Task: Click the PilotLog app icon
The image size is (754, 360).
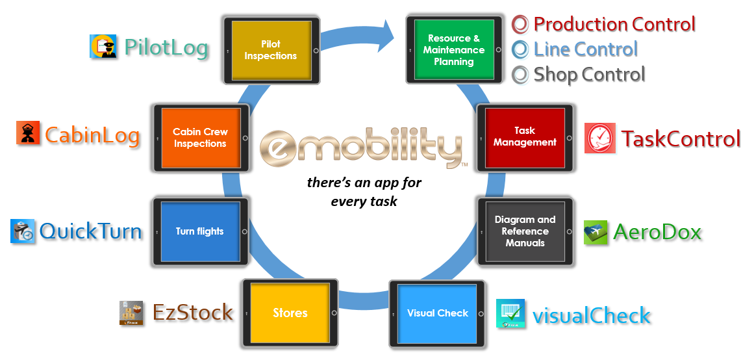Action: pyautogui.click(x=103, y=47)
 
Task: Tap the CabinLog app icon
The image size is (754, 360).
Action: pyautogui.click(x=28, y=133)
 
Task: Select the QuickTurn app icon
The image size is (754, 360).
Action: pyautogui.click(x=23, y=231)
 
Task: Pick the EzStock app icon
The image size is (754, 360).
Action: pyautogui.click(x=131, y=313)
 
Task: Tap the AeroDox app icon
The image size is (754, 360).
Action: pyautogui.click(x=596, y=233)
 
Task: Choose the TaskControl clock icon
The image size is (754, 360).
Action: pyautogui.click(x=599, y=138)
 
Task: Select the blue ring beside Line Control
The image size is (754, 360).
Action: pyautogui.click(x=520, y=49)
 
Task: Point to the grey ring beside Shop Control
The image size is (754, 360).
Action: pyautogui.click(x=520, y=75)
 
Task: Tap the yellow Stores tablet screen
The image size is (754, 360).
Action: pyautogui.click(x=290, y=313)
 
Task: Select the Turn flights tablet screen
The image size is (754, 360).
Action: pyautogui.click(x=199, y=231)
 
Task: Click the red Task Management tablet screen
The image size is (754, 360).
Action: pyautogui.click(x=525, y=137)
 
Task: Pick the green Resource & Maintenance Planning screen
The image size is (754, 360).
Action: pyautogui.click(x=453, y=49)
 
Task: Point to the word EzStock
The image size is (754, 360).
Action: pyautogui.click(x=193, y=313)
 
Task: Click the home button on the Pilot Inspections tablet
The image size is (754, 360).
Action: pyautogui.click(x=316, y=50)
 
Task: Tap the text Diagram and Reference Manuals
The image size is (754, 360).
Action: pyautogui.click(x=525, y=231)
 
